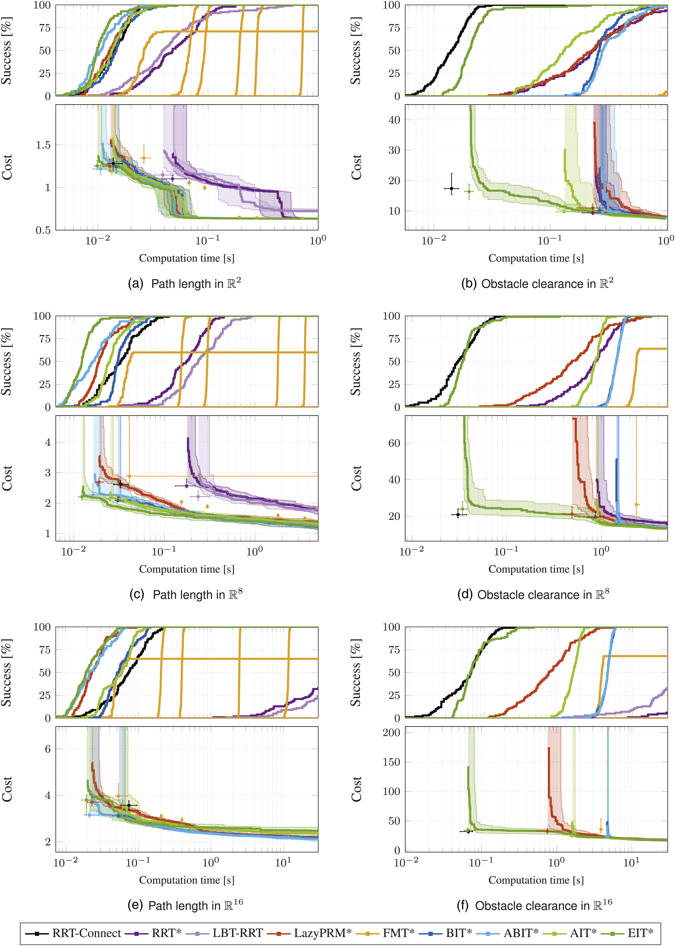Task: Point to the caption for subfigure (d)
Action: pyautogui.click(x=533, y=594)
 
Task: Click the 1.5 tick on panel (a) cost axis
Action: pyautogui.click(x=43, y=145)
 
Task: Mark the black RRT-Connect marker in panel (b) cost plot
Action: pyautogui.click(x=451, y=188)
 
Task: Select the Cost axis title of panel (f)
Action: pyautogui.click(x=356, y=789)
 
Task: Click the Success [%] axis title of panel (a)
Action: pyautogui.click(x=7, y=51)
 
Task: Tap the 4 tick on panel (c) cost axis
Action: pyautogui.click(x=48, y=442)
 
